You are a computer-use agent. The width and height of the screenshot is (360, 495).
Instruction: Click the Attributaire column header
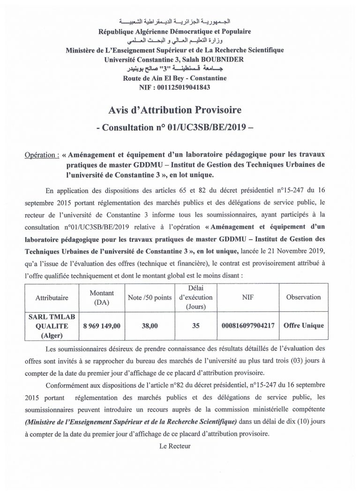pyautogui.click(x=52, y=297)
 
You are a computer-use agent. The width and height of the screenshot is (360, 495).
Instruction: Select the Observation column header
pyautogui.click(x=303, y=297)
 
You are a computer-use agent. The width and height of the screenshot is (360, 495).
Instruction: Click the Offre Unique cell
pyautogui.click(x=303, y=325)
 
